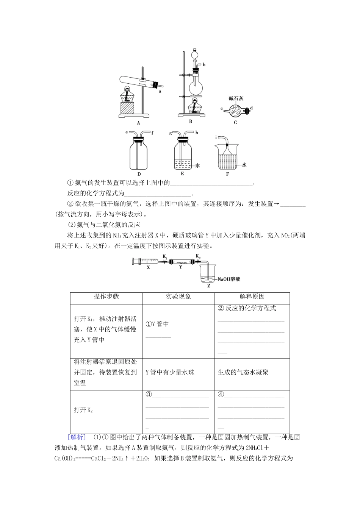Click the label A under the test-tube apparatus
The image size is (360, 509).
(138, 123)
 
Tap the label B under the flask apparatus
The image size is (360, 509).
(191, 121)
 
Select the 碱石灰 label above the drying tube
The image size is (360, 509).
(236, 98)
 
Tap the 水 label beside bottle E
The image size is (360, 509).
(198, 166)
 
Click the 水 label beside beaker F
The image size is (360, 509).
(244, 165)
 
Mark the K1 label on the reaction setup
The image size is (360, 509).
(165, 256)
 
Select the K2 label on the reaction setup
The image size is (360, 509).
(198, 256)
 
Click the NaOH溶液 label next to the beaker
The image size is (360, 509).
(229, 279)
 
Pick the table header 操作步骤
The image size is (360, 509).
(106, 297)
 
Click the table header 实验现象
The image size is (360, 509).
(178, 297)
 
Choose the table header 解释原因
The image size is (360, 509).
(252, 297)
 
